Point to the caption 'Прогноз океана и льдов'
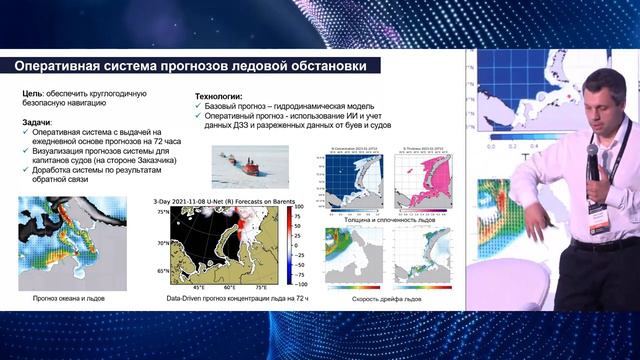[x=67, y=299]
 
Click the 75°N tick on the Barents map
[x=163, y=213]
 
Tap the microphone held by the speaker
[x=592, y=159]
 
